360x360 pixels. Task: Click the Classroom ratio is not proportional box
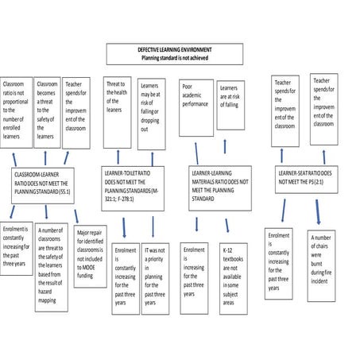coord(15,110)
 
